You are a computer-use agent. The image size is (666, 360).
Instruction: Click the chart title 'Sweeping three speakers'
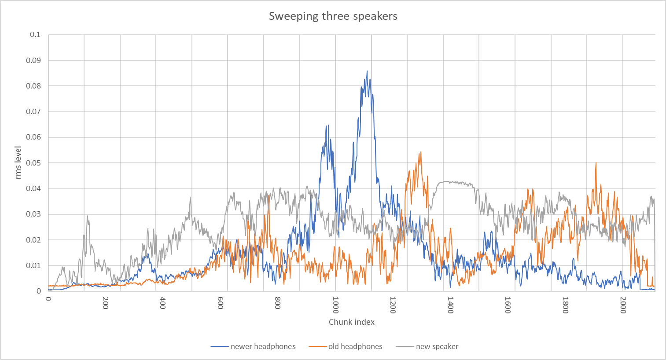point(333,16)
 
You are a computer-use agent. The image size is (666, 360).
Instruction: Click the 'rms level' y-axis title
point(18,162)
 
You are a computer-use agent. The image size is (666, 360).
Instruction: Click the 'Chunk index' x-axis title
point(352,322)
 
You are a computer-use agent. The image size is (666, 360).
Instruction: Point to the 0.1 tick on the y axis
point(35,34)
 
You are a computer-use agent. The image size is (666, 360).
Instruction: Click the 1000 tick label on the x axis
point(335,305)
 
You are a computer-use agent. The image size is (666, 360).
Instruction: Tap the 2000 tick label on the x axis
point(623,305)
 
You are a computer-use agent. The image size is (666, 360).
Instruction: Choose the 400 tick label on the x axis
point(163,303)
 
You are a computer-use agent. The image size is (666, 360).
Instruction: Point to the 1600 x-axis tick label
point(508,305)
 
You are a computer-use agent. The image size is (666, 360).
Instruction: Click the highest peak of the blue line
point(367,71)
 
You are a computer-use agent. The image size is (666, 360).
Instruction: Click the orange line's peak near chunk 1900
point(596,163)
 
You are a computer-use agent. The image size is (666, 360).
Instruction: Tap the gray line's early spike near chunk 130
point(88,216)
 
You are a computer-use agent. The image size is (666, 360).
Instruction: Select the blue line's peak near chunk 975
point(327,125)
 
